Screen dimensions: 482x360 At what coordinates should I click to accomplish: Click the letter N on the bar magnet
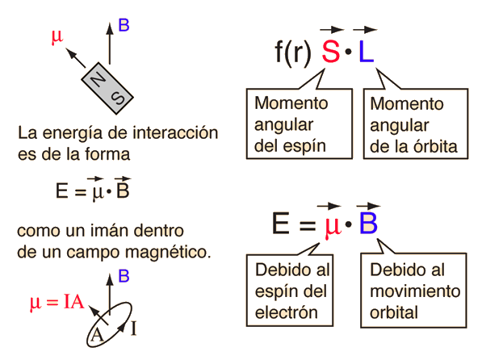[98, 80]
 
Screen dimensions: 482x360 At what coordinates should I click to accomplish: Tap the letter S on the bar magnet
[118, 98]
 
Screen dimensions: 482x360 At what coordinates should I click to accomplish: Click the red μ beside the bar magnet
[57, 36]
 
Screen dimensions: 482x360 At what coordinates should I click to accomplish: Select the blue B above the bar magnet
[124, 25]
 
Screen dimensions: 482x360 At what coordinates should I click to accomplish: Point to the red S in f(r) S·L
[331, 52]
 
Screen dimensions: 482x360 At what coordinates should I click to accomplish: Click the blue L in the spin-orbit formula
[366, 52]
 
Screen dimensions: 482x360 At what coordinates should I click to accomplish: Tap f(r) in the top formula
[292, 52]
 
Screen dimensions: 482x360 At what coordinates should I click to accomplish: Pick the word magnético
[168, 253]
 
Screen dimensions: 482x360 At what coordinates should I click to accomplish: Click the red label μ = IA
[57, 302]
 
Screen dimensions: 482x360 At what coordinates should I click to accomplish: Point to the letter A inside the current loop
[97, 334]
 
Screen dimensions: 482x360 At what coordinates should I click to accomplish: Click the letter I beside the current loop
[133, 329]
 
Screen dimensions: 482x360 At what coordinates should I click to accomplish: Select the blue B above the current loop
[124, 276]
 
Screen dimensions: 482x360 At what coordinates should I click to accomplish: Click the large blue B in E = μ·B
[368, 224]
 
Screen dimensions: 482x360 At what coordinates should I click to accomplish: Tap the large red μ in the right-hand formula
[333, 227]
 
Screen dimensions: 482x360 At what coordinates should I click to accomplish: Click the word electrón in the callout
[286, 312]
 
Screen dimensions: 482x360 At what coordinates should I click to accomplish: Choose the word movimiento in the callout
[415, 291]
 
